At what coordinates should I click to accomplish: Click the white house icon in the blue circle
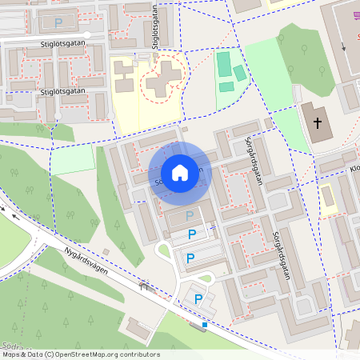coord(180,172)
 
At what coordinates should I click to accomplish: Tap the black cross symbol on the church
coord(318,123)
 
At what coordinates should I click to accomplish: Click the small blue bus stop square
coord(205,325)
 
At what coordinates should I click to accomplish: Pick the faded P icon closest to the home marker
coord(190,215)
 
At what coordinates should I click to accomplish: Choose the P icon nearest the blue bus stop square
coord(198,300)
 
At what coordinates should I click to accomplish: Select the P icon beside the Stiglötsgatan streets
coord(58,23)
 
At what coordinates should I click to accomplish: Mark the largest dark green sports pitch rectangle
coord(224,63)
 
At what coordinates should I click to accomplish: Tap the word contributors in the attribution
coord(139,354)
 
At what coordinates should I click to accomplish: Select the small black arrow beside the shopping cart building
coord(344,46)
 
